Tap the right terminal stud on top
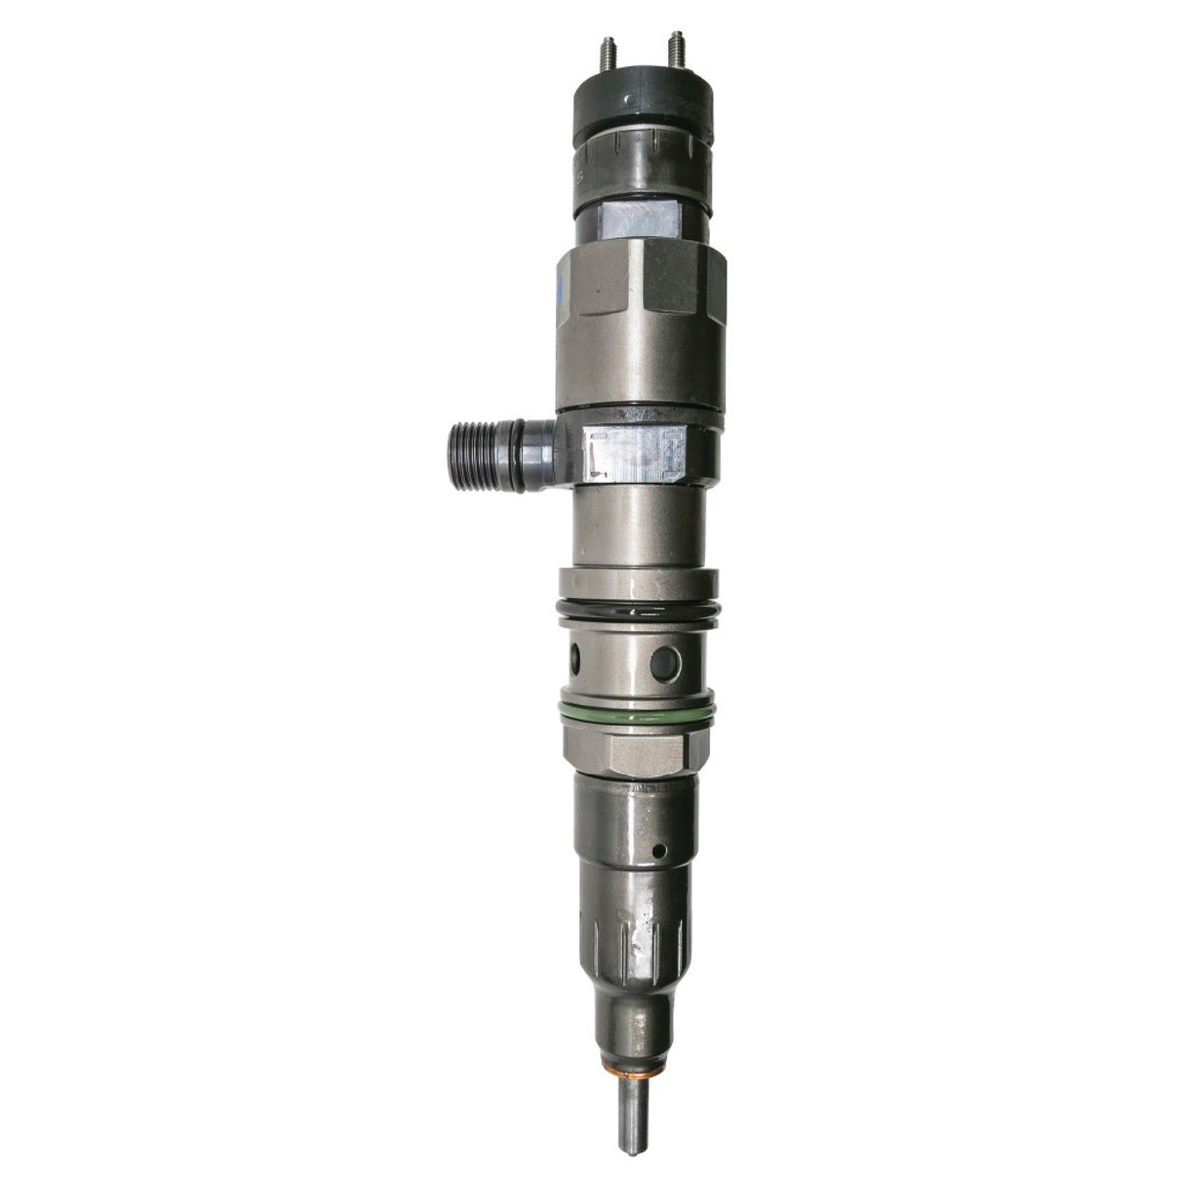pos(671,47)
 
